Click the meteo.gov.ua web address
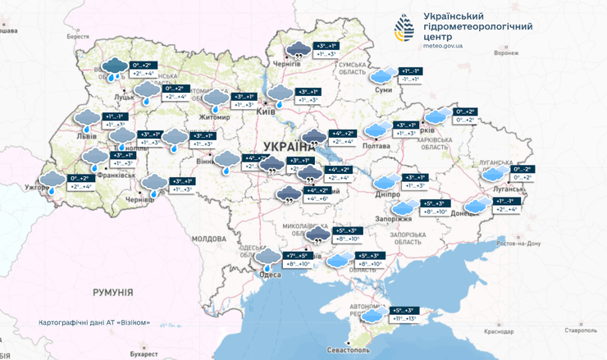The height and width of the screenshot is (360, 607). (443, 47)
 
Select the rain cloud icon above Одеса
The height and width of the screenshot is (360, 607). (267, 260)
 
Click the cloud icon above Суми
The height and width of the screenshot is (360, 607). (381, 76)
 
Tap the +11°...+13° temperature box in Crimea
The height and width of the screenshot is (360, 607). (405, 317)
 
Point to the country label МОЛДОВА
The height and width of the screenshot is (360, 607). (208, 238)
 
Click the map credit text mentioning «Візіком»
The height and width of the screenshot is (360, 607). (94, 322)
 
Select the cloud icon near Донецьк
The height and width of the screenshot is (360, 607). (475, 205)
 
